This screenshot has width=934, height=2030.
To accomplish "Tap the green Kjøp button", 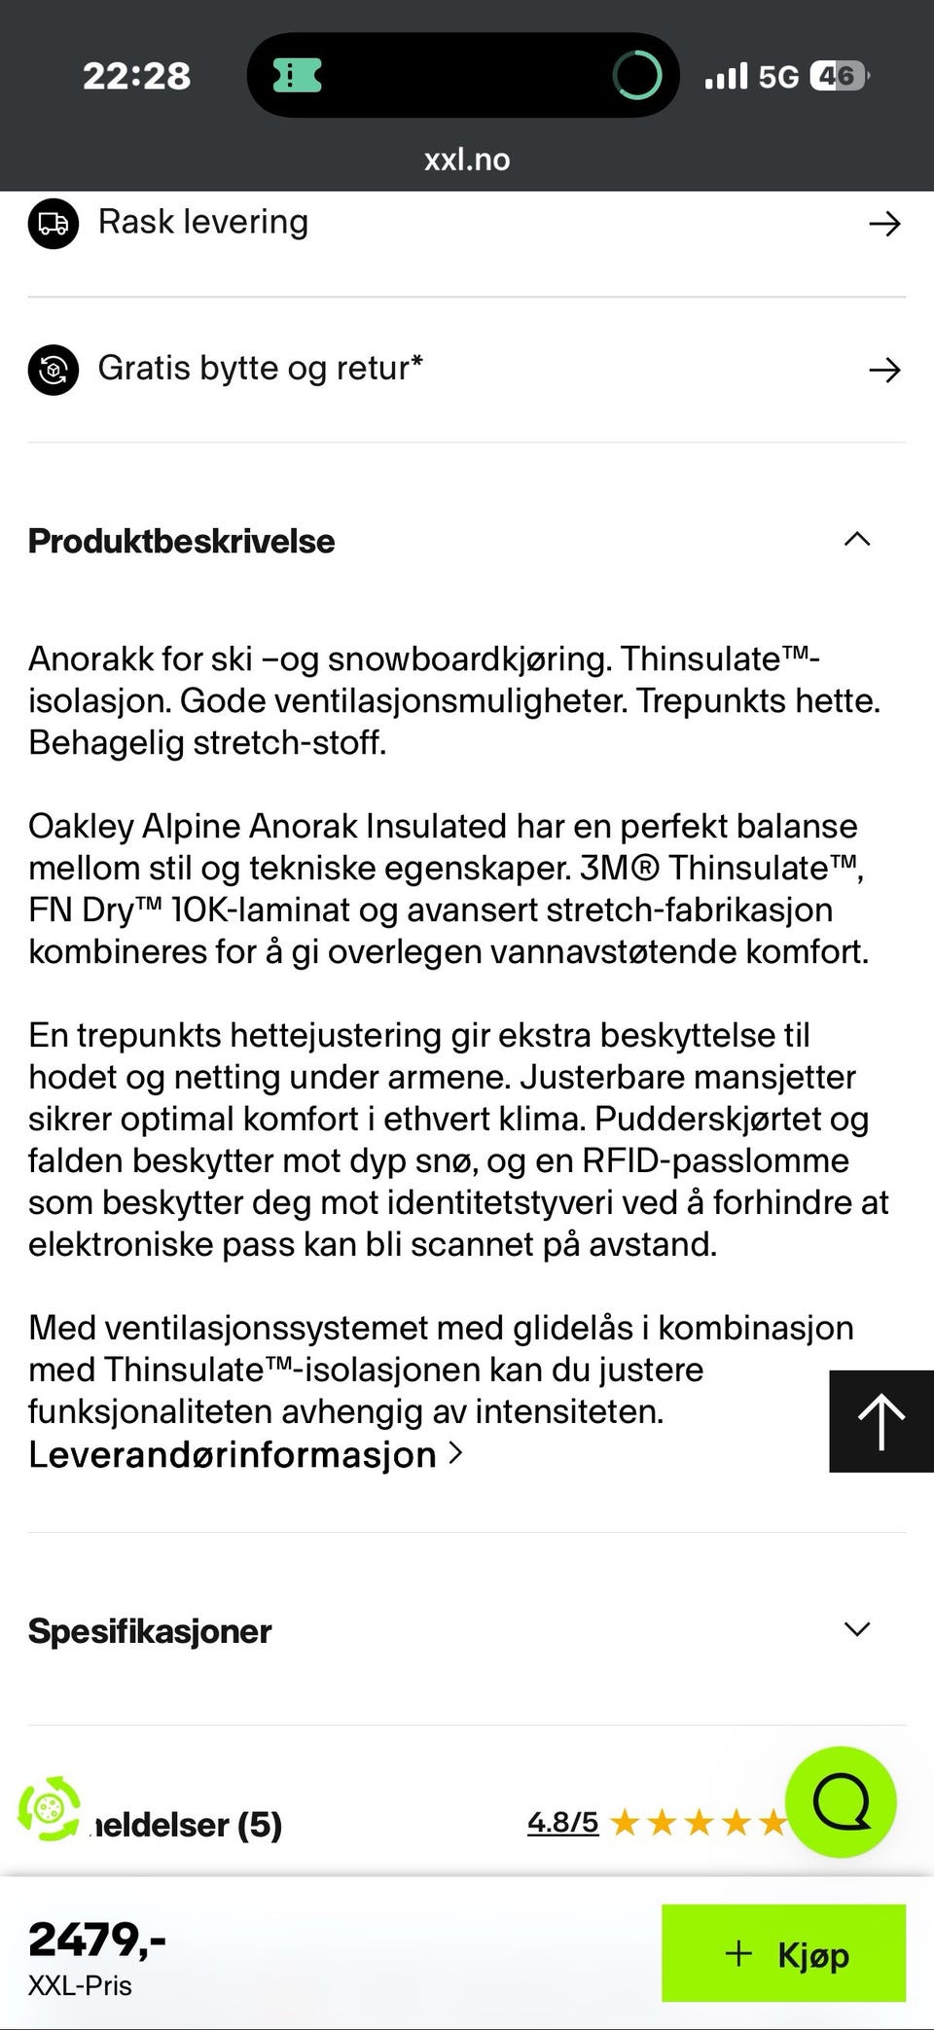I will pyautogui.click(x=783, y=1953).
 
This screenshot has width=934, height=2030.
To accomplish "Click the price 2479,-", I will pyautogui.click(x=96, y=1939).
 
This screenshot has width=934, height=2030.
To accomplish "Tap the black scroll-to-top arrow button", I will pyautogui.click(x=880, y=1421).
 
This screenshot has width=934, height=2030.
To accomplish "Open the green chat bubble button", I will pyautogui.click(x=841, y=1802).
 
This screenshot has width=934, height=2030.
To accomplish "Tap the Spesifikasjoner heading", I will pyautogui.click(x=150, y=1631).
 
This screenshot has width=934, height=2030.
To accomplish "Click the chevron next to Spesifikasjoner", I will pyautogui.click(x=856, y=1630).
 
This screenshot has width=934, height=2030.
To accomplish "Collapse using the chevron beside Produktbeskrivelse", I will pyautogui.click(x=856, y=540).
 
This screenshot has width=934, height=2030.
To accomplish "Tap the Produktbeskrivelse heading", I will pyautogui.click(x=181, y=542).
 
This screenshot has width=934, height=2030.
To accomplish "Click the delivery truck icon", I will pyautogui.click(x=54, y=224).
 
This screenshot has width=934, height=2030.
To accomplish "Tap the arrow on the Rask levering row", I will pyautogui.click(x=883, y=225).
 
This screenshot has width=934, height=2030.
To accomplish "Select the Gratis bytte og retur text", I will pyautogui.click(x=260, y=369).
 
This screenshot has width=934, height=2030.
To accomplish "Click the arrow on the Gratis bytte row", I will pyautogui.click(x=883, y=370).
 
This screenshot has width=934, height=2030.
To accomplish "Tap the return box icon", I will pyautogui.click(x=54, y=370).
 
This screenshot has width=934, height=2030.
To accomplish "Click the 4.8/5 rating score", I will pyautogui.click(x=562, y=1822).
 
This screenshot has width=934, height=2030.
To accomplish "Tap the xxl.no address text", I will pyautogui.click(x=467, y=160).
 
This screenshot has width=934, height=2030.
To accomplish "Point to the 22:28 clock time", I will pyautogui.click(x=136, y=76).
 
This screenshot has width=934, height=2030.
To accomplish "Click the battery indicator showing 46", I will pyautogui.click(x=838, y=76).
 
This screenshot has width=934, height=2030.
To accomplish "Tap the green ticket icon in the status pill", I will pyautogui.click(x=297, y=75).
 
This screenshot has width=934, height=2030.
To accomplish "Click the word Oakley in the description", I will pyautogui.click(x=81, y=826).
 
